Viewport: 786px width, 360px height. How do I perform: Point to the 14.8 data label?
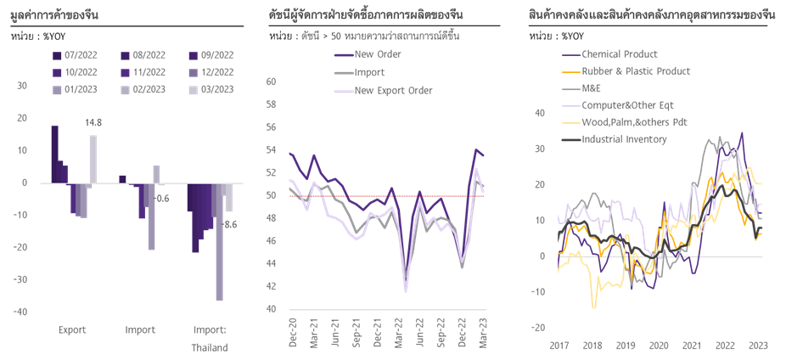(93, 124)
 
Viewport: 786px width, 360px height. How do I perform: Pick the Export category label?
(70, 329)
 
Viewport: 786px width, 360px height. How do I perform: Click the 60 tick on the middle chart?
(272, 82)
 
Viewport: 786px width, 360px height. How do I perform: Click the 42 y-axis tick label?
(272, 287)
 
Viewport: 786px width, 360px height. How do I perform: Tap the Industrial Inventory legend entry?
(624, 138)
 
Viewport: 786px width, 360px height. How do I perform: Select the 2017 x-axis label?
(559, 346)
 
